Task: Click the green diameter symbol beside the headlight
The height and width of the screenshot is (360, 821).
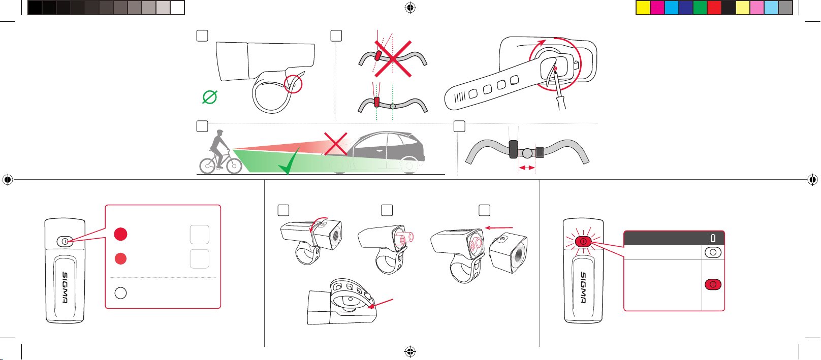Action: coord(210,97)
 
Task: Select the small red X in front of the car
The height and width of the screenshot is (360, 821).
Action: coord(335,144)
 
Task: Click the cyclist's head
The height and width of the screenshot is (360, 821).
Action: coord(220,133)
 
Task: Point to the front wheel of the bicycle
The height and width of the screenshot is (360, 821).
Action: coord(234,166)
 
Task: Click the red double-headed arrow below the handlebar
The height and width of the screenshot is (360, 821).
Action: coord(527,168)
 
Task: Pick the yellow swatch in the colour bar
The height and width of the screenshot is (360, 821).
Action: coord(643,8)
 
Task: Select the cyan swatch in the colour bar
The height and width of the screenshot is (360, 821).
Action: coord(672,8)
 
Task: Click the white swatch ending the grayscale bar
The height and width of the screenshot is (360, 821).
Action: coord(177,8)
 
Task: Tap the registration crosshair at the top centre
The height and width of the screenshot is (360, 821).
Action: coord(410,8)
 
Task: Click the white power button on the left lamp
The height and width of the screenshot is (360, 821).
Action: coord(65,242)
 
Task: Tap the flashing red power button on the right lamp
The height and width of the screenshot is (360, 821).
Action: coord(583,242)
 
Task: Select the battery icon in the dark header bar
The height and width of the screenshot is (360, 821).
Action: coord(713,238)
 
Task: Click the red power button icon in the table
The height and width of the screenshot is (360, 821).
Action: coord(713,284)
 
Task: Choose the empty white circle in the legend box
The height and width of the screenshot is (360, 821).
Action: coord(120,293)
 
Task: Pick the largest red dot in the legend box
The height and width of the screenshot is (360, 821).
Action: coord(120,234)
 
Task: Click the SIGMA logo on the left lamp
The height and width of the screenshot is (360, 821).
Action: coord(65,287)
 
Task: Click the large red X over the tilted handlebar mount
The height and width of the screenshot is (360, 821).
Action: coord(393,58)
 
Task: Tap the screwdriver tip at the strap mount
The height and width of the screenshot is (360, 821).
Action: coord(555,73)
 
